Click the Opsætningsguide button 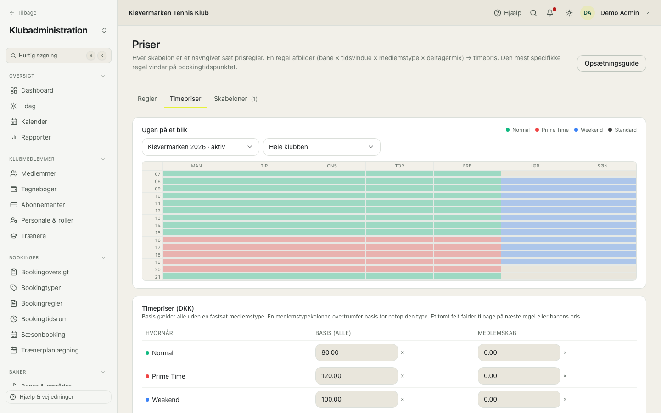pos(611,63)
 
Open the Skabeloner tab pos(235,99)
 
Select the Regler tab pos(147,99)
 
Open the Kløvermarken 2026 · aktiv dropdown pos(200,147)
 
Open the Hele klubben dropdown pos(322,147)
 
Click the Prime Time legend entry pos(552,130)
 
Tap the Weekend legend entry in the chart pos(588,130)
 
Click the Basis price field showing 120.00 pos(357,376)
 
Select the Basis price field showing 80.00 pos(357,352)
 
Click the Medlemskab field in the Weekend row pos(519,399)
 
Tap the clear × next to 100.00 pos(403,399)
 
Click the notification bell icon pos(550,13)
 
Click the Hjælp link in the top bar pos(508,13)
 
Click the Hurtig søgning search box pos(58,56)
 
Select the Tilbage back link pos(23,13)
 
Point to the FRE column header pos(467,166)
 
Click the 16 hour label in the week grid pos(158,240)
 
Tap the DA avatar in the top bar pos(587,13)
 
